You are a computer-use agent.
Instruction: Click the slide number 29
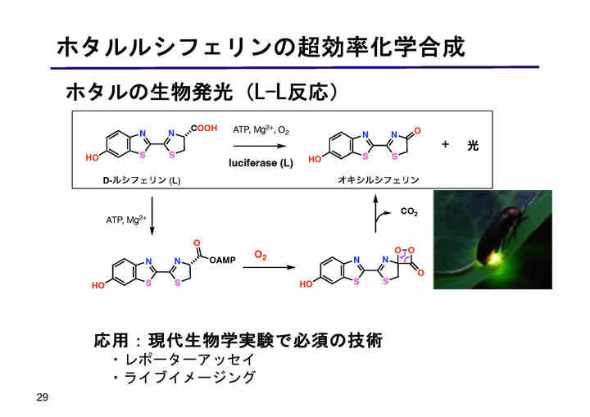point(42,397)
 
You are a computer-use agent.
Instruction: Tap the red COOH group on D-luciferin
point(204,129)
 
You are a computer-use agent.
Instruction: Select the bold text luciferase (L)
point(261,163)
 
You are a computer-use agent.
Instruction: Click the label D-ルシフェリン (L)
point(142,180)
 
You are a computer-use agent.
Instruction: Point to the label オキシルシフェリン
point(378,180)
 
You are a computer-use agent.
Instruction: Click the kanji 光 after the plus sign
point(473,145)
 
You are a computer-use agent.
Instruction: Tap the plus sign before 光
point(445,144)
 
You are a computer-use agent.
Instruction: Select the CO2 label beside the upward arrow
point(409,211)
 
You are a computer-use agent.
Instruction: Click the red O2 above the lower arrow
point(261,255)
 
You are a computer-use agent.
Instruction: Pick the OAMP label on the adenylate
point(222,260)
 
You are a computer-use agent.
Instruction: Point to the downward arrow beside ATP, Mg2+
point(152,216)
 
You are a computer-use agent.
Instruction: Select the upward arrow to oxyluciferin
point(375,213)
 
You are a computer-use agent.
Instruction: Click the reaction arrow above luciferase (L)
point(260,146)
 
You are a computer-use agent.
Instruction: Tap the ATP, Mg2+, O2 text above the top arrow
point(261,130)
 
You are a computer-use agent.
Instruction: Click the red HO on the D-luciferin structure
point(92,157)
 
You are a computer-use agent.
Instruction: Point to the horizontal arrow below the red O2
point(269,267)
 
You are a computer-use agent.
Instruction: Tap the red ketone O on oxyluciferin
point(417,131)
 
